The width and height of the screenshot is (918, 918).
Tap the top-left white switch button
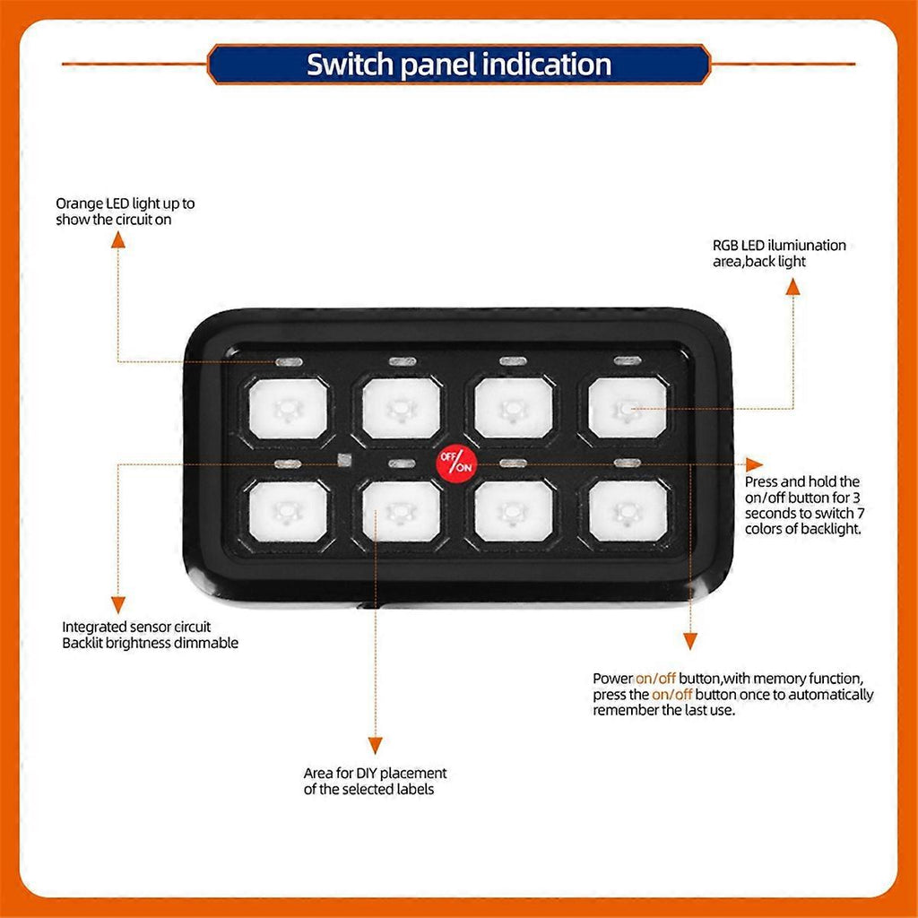pyautogui.click(x=288, y=408)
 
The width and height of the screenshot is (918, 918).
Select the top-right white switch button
pyautogui.click(x=627, y=408)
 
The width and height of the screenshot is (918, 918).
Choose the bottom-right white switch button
pyautogui.click(x=628, y=511)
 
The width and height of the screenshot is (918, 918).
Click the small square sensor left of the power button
pyautogui.click(x=344, y=460)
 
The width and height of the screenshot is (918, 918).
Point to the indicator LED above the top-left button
pyautogui.click(x=289, y=362)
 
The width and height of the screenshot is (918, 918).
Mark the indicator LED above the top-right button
pyautogui.click(x=628, y=360)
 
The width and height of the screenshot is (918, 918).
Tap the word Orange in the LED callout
pyautogui.click(x=79, y=204)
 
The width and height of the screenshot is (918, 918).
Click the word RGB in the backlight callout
pyautogui.click(x=725, y=246)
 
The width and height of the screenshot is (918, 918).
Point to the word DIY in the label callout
pyautogui.click(x=367, y=773)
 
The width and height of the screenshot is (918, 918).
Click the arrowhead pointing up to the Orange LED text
pyautogui.click(x=118, y=238)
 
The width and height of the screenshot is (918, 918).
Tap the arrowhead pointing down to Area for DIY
pyautogui.click(x=376, y=745)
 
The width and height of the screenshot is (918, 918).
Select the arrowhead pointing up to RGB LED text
pyautogui.click(x=792, y=286)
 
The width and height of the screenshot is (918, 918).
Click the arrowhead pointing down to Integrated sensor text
pyautogui.click(x=118, y=605)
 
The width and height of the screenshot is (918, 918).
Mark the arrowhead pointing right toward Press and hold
pyautogui.click(x=754, y=465)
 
